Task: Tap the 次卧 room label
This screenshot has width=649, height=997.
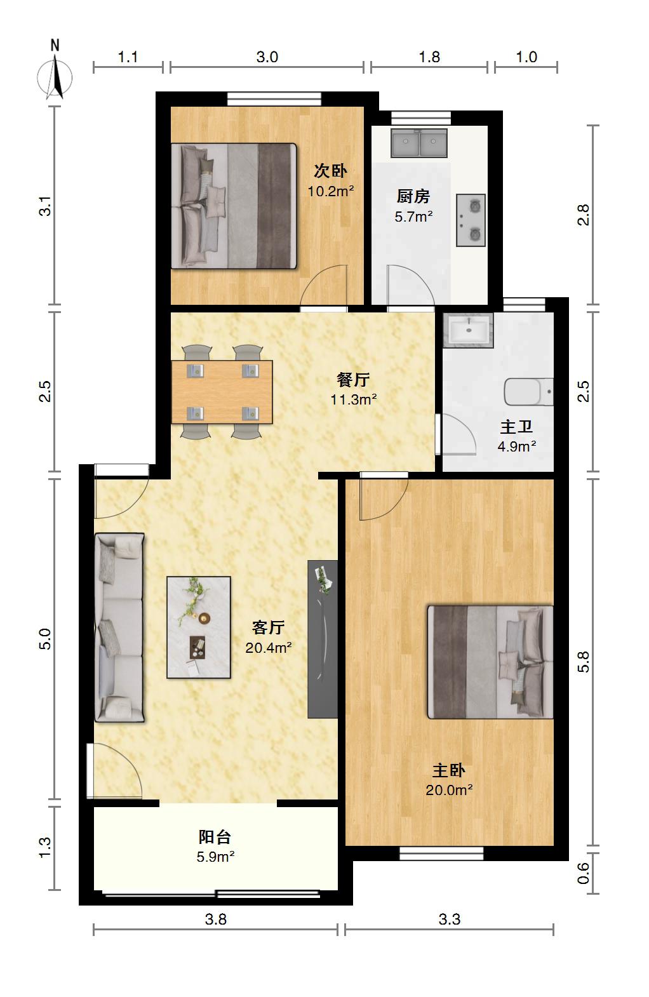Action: coord(330,170)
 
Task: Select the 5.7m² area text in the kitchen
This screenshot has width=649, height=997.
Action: coord(413,217)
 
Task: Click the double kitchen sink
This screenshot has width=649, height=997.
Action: coord(419,144)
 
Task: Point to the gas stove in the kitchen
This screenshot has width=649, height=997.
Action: coord(471,220)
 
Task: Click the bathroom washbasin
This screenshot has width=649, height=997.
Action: coord(468,330)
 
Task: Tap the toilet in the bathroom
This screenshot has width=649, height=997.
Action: coord(529,392)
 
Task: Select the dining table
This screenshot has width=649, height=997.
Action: coord(222,392)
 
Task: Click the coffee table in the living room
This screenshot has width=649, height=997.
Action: coord(199,627)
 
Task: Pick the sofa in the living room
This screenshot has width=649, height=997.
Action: coord(119,627)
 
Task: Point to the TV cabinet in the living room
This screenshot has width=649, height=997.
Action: coord(323,639)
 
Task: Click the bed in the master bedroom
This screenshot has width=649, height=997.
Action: coord(490,662)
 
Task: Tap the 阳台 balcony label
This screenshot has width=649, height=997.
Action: coord(215,837)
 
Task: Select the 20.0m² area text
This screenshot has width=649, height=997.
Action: coord(449,790)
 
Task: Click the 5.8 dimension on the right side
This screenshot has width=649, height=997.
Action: coord(583,662)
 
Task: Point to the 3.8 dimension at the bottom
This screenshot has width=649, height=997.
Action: coord(215,919)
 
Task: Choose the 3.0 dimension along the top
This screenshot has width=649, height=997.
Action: coord(267,57)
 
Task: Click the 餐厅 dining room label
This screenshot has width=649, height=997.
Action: coord(353,380)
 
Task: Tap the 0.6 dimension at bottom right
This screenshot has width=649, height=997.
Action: coord(583,873)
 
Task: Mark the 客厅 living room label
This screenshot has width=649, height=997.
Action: coord(268,627)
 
